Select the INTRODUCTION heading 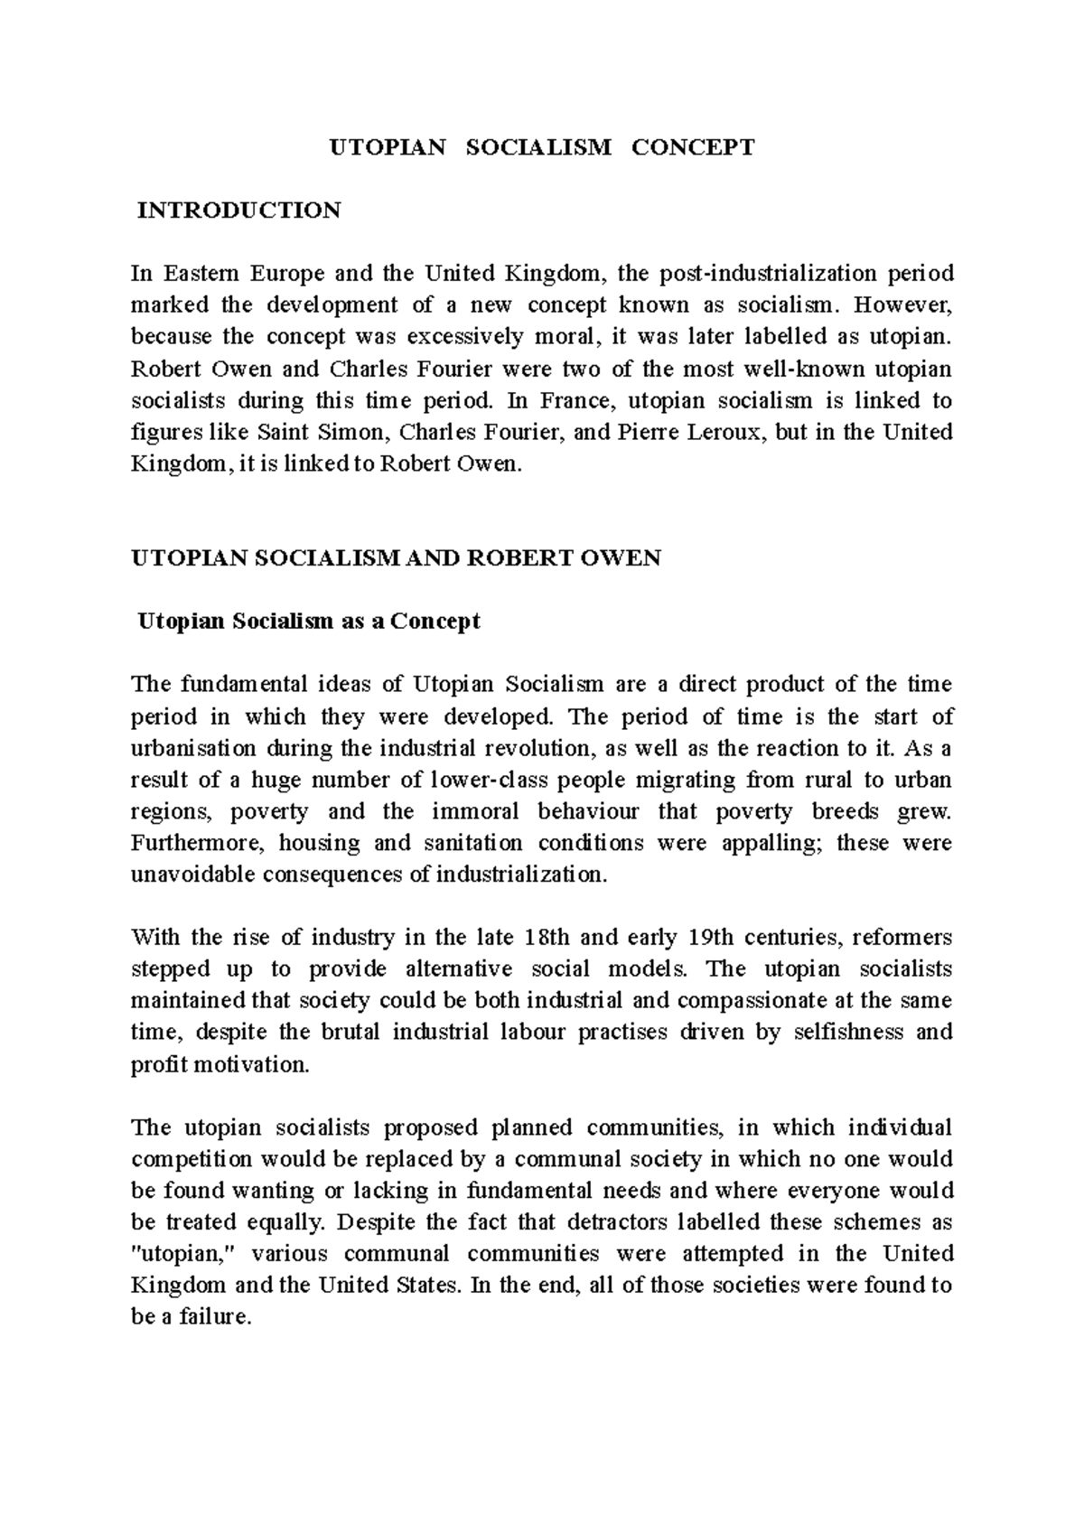[x=238, y=210]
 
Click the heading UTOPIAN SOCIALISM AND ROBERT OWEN [x=397, y=558]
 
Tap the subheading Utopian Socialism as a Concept [x=307, y=622]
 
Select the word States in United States [x=426, y=1286]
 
